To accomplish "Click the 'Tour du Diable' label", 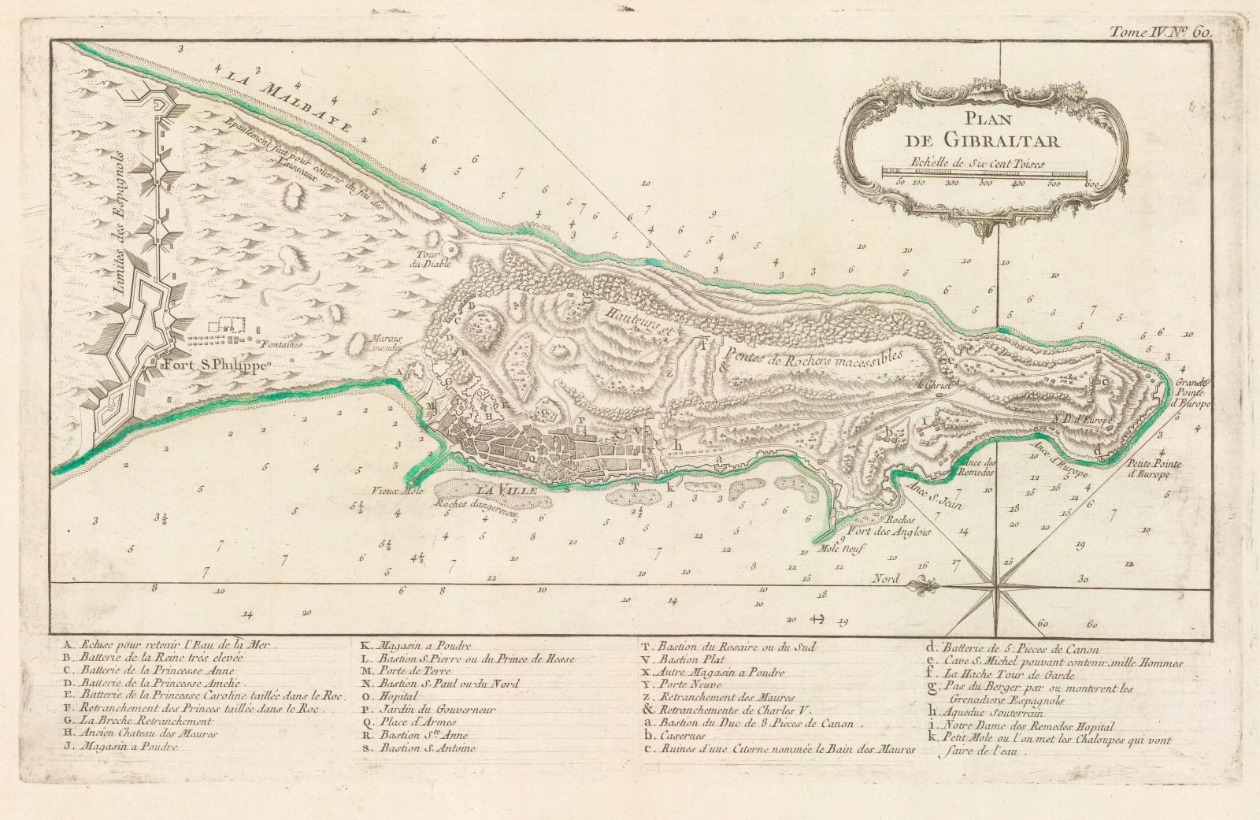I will tap(435, 259).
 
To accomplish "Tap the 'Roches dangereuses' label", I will tap(481, 507).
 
